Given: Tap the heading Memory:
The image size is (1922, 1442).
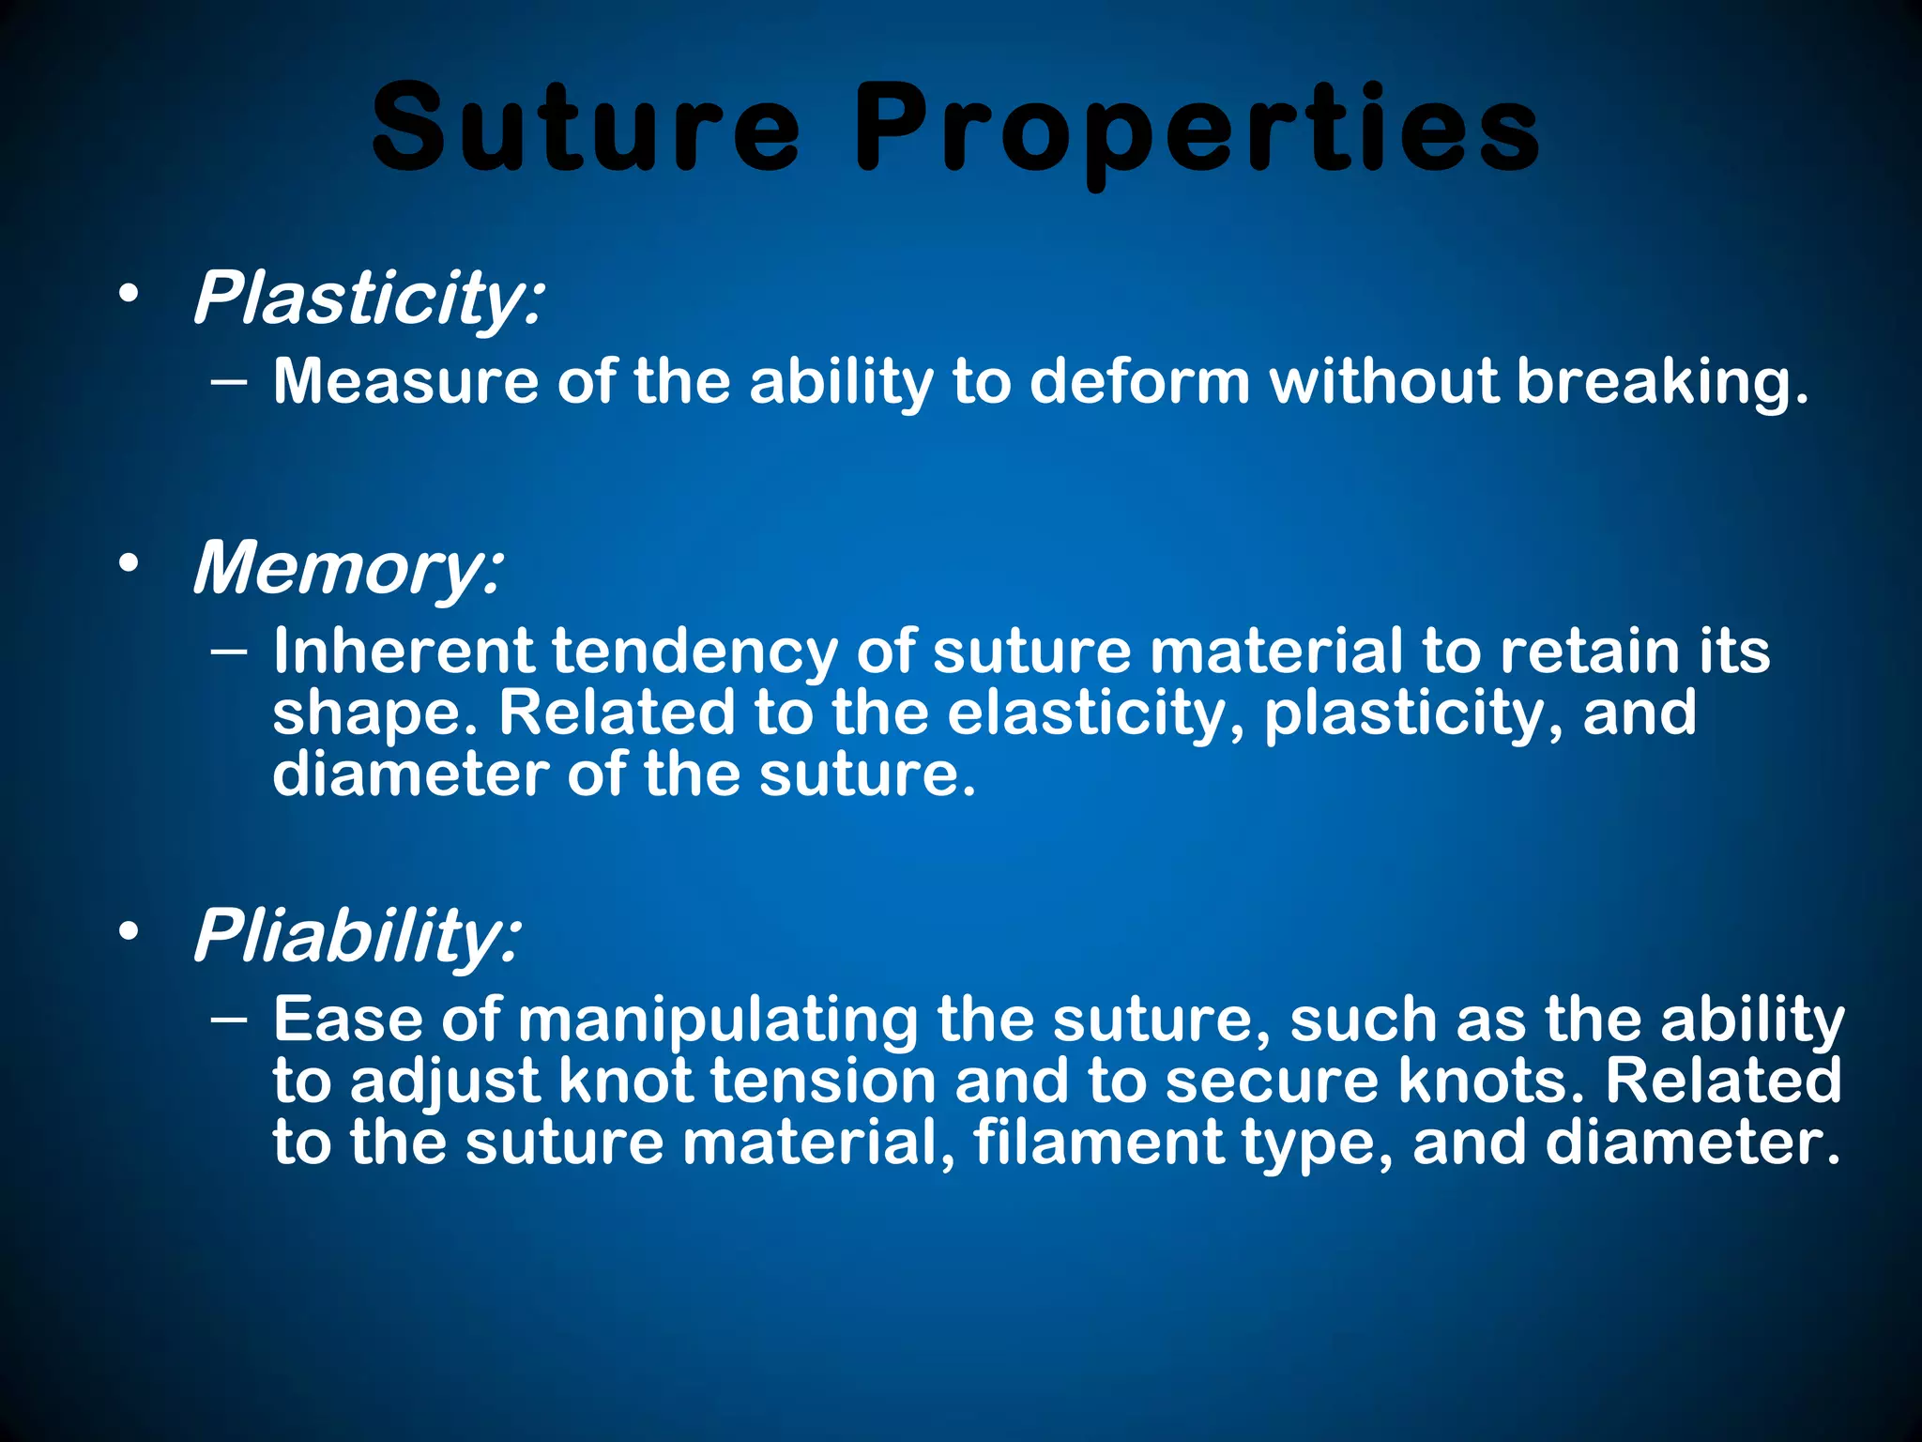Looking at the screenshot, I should click(348, 568).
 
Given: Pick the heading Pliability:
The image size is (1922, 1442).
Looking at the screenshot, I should click(356, 935).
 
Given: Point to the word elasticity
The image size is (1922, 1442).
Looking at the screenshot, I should click(1094, 713).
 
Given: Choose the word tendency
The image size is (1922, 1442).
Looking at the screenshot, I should click(694, 651).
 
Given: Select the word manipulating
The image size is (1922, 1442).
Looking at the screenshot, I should click(718, 1020).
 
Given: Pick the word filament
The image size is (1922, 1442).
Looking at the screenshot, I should click(1098, 1143).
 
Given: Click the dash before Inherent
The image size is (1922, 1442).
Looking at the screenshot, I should click(230, 651).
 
